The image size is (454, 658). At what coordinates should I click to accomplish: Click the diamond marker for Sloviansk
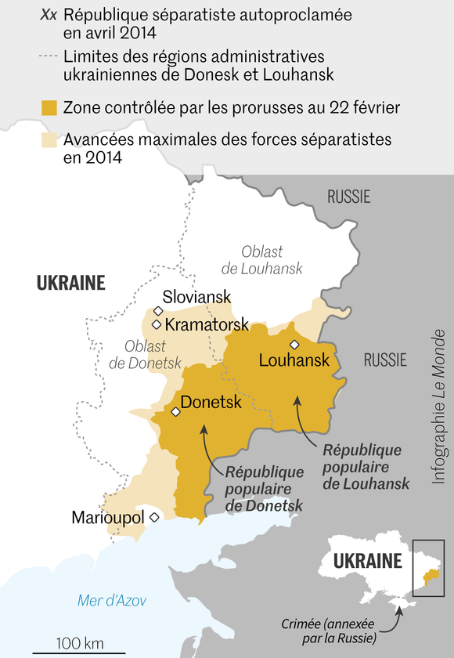click(x=157, y=311)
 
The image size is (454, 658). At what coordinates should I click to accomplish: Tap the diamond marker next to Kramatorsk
click(x=157, y=324)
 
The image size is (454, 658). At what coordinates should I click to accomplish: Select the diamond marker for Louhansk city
click(x=294, y=345)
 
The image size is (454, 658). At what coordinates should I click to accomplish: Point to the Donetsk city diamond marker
click(x=175, y=412)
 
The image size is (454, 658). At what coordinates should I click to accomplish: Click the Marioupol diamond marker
click(x=154, y=517)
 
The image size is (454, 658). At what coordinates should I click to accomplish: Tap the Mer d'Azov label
click(x=112, y=600)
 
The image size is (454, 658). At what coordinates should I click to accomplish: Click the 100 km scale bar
click(x=78, y=650)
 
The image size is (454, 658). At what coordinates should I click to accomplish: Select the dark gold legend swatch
click(x=49, y=107)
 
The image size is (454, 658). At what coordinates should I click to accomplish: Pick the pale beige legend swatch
click(x=49, y=140)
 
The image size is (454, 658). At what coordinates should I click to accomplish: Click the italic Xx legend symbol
click(x=49, y=15)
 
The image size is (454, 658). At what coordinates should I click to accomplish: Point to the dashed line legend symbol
click(x=49, y=56)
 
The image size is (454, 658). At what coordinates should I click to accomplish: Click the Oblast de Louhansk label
click(x=261, y=260)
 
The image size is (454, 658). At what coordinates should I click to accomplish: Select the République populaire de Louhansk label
click(x=366, y=467)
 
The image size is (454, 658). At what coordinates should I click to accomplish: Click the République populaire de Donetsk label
click(x=264, y=489)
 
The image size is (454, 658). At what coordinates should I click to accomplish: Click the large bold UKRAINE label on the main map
click(x=70, y=283)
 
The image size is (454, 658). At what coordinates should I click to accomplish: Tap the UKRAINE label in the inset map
click(x=367, y=561)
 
